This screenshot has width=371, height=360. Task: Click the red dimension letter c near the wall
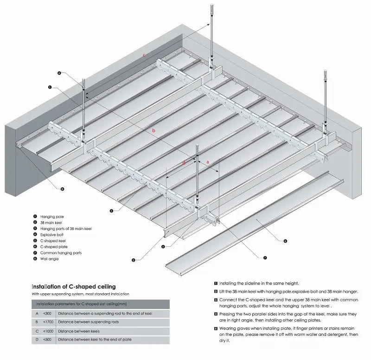[144, 55]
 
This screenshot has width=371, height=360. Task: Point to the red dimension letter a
[207, 161]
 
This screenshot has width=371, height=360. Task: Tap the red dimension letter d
[184, 162]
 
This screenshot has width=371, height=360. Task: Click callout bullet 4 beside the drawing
[59, 73]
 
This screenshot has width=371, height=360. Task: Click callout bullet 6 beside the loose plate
[285, 241]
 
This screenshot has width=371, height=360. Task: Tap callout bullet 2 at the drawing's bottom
[133, 260]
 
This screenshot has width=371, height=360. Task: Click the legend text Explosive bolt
[52, 235]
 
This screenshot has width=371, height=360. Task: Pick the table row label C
[37, 330]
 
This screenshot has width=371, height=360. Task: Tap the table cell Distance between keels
[79, 330]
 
